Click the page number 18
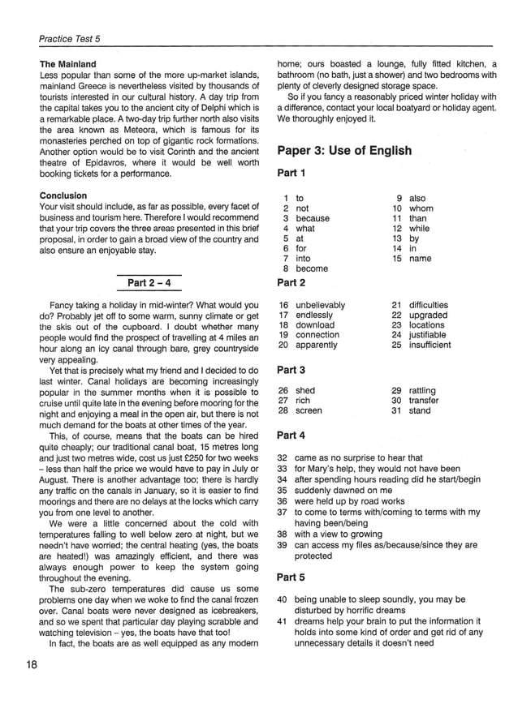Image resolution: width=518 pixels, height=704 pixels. pos(32,665)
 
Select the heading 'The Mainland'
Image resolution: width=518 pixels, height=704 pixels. pos(68,64)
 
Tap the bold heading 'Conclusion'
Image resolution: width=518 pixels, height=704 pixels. pos(64,195)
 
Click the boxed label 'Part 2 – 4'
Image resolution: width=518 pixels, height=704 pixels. pos(149,282)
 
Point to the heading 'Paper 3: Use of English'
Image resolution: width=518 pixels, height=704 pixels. pos(344,151)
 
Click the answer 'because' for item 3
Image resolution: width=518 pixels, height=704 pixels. pos(313,218)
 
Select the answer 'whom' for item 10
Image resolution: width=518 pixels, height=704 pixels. pos(421,208)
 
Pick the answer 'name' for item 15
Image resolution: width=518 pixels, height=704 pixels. pos(421,259)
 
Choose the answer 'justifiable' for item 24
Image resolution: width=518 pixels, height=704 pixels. pos(427,334)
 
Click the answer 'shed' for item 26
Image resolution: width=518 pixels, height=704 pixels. pos(305,390)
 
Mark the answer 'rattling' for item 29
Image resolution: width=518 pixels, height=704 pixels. pos(422,390)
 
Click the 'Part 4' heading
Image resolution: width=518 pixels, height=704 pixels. pos(291,435)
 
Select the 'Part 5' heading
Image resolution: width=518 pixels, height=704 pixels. pos(291,577)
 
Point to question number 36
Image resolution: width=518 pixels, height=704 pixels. pos(283,501)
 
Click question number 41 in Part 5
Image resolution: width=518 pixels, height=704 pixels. pos(283,621)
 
